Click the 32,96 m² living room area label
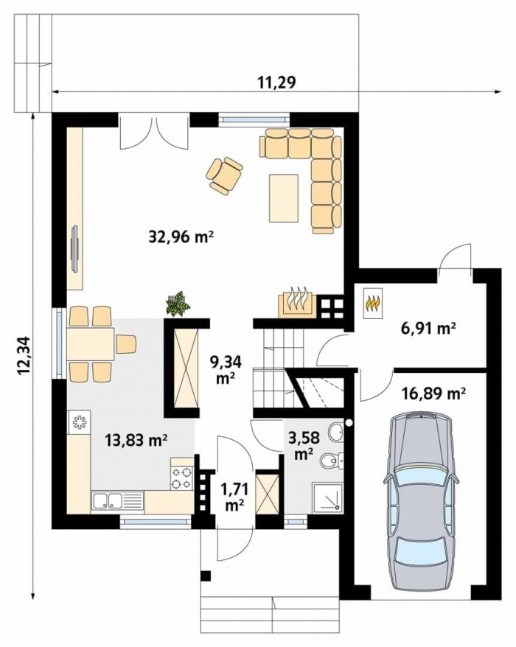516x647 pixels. click(x=181, y=237)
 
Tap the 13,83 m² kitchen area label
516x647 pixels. click(x=136, y=441)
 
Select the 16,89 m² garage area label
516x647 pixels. click(x=434, y=394)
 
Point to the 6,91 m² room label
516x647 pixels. click(x=428, y=329)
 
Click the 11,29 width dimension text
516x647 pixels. click(x=277, y=83)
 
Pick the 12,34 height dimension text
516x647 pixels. click(x=24, y=356)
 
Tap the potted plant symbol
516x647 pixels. click(x=178, y=304)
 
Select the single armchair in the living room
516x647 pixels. click(x=224, y=175)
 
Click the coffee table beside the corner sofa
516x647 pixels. click(x=284, y=198)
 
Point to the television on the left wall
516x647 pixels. click(x=75, y=248)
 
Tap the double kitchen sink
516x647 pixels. click(x=107, y=501)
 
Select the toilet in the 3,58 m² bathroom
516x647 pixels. click(x=332, y=460)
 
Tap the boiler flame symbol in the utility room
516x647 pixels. click(x=373, y=302)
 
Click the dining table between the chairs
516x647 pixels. click(x=91, y=344)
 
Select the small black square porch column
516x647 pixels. click(x=206, y=576)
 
